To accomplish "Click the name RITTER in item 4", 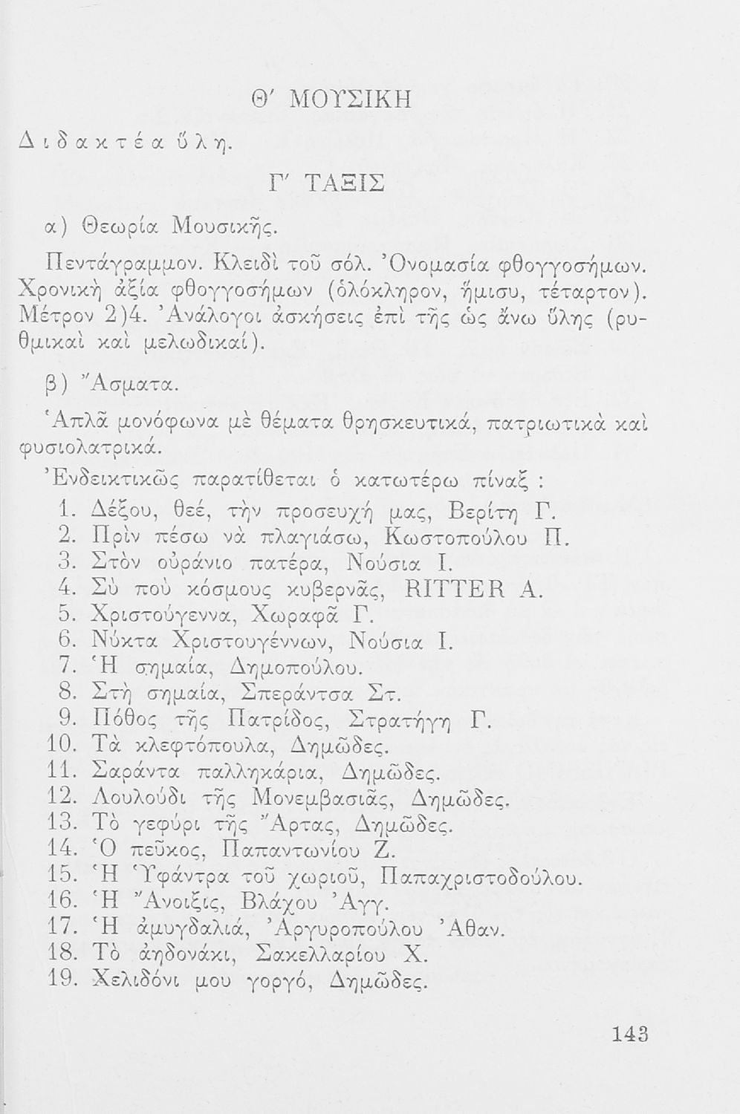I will (x=454, y=591).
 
